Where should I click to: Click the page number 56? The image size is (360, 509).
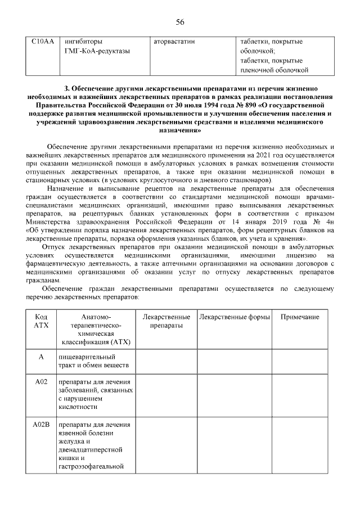(x=180, y=22)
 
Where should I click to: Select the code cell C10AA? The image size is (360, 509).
(x=42, y=42)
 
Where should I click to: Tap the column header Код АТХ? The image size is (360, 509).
(x=42, y=322)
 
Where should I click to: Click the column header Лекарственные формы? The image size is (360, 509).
(x=233, y=317)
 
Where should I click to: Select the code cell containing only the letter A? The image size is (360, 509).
(x=42, y=357)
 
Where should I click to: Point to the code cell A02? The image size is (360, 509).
(x=42, y=382)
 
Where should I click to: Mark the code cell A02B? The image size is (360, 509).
(x=42, y=424)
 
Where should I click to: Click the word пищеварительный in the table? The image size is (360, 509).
(x=86, y=357)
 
